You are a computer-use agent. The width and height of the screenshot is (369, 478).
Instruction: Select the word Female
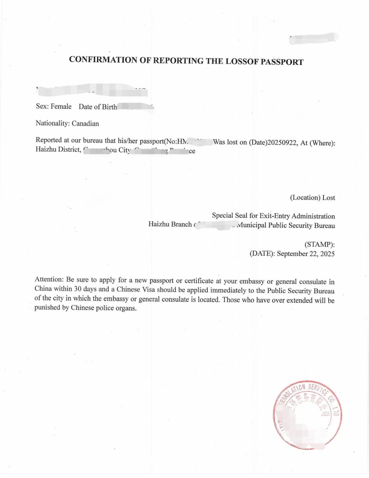click(x=61, y=107)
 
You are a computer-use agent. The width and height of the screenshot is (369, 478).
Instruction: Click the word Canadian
click(x=85, y=124)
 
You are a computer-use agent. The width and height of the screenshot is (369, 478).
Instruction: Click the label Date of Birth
click(x=98, y=107)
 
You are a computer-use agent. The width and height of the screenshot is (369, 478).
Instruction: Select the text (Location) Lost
click(x=312, y=198)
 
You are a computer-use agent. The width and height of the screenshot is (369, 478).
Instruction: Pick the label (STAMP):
click(x=320, y=244)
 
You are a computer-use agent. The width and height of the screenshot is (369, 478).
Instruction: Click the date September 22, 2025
click(x=306, y=254)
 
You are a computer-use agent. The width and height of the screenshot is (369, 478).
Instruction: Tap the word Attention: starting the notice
click(x=49, y=279)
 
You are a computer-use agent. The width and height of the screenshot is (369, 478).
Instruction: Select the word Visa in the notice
click(x=149, y=290)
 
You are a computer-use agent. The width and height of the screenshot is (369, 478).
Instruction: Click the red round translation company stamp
click(x=307, y=415)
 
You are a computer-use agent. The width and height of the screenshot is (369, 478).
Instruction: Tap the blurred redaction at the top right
click(x=314, y=39)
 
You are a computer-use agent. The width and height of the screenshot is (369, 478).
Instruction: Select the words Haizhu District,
click(x=58, y=150)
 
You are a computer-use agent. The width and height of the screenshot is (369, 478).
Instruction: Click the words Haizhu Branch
click(x=170, y=224)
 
